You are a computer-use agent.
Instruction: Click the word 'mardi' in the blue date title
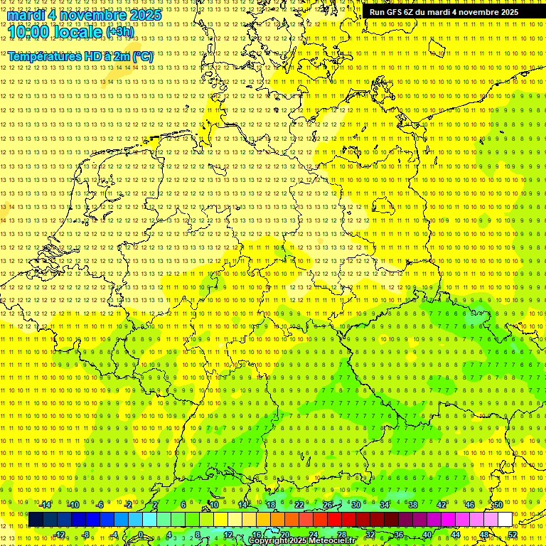pyautogui.click(x=26, y=14)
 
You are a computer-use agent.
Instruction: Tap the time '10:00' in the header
pyautogui.click(x=29, y=32)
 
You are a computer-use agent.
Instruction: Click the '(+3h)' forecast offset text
pyautogui.click(x=119, y=32)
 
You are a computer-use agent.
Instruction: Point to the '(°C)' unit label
pyautogui.click(x=141, y=56)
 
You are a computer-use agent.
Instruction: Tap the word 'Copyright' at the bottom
pyautogui.click(x=269, y=541)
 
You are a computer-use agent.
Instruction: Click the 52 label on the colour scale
pyautogui.click(x=513, y=535)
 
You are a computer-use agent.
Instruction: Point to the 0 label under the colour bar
pyautogui.click(x=141, y=535)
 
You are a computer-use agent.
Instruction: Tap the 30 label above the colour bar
pyautogui.click(x=355, y=505)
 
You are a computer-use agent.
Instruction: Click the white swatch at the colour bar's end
pyautogui.click(x=505, y=520)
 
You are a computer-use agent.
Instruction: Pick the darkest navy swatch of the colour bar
pyautogui.click(x=36, y=520)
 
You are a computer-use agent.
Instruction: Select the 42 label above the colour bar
pyautogui.click(x=441, y=505)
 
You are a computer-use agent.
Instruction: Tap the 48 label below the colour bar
pyautogui.click(x=484, y=535)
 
